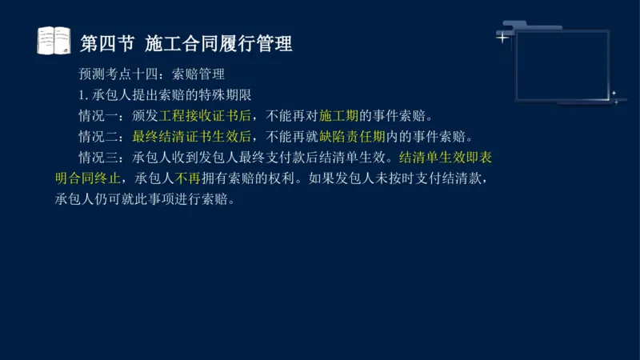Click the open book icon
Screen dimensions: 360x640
tap(54, 41)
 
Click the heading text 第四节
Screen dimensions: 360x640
tap(106, 42)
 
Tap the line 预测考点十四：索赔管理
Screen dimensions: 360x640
tap(151, 74)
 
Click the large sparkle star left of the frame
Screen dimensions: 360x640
tap(502, 37)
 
